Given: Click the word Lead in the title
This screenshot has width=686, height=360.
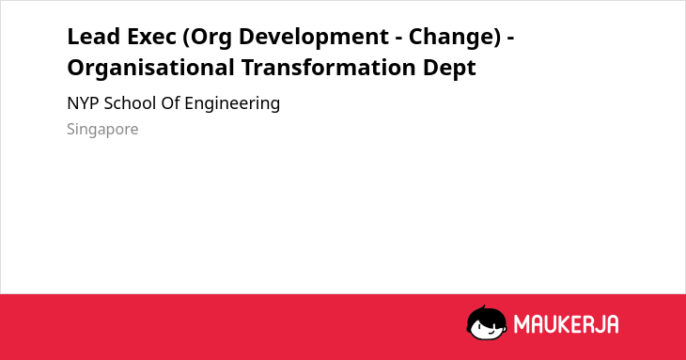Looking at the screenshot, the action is coord(94,37).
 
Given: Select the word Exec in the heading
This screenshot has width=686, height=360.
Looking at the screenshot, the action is coord(151,37).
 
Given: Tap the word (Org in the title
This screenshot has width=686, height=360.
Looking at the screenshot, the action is coord(207,38).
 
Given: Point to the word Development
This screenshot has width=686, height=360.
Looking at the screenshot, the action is coord(313,38).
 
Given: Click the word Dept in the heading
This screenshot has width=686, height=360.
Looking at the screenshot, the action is coord(449,69).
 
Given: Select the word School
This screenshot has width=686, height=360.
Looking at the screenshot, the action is coord(130,103).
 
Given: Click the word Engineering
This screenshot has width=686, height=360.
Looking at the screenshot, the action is coord(232,104).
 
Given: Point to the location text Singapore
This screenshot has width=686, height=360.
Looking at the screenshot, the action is coord(102,130).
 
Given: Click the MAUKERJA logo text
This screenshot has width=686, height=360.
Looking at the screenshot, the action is coord(566,324).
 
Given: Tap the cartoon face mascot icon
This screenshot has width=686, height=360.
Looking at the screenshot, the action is coord(487,322).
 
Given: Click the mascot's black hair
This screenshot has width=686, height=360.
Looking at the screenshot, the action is coord(486,314).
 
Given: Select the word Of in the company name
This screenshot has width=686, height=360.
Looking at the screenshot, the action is coord(170,103).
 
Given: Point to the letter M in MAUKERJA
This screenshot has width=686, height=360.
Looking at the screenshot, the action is coord(522,324).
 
